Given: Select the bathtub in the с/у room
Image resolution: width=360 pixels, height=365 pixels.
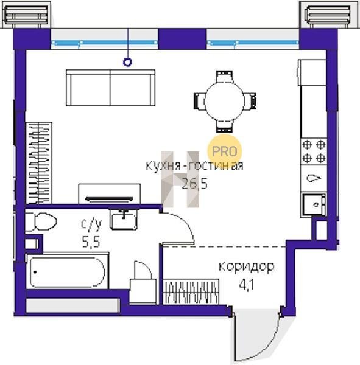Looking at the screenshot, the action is (x=68, y=272).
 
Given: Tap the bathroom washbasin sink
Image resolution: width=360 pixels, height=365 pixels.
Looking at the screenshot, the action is (x=124, y=220).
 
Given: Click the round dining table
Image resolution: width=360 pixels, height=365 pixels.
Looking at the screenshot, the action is (x=225, y=102).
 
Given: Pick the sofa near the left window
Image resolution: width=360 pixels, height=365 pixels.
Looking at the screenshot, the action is (x=110, y=88).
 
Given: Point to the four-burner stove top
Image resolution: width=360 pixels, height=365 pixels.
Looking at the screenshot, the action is (x=314, y=151).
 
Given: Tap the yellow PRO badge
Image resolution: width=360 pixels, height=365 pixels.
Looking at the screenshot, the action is (x=225, y=151).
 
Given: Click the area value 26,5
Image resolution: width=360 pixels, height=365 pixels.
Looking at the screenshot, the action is (x=194, y=184).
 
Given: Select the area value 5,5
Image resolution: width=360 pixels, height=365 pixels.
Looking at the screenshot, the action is (x=91, y=242).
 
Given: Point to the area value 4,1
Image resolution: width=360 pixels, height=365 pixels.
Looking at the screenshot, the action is (x=247, y=285).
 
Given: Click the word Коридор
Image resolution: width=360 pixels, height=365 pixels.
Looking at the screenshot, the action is (x=247, y=267).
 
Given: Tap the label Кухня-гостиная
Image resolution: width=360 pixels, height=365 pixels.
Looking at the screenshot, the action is (x=194, y=165).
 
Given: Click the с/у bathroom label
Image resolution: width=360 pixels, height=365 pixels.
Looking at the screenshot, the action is (x=91, y=224).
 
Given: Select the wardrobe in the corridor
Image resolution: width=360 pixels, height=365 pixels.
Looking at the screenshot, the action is (x=191, y=291).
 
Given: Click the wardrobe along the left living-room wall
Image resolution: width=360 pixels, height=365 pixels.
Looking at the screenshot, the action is (x=39, y=162).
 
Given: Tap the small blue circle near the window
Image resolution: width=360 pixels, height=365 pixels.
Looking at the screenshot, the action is (x=127, y=62).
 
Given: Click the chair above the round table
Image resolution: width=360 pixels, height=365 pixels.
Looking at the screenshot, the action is (x=225, y=76).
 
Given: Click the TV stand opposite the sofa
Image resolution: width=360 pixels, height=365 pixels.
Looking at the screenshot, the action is (x=110, y=193).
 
